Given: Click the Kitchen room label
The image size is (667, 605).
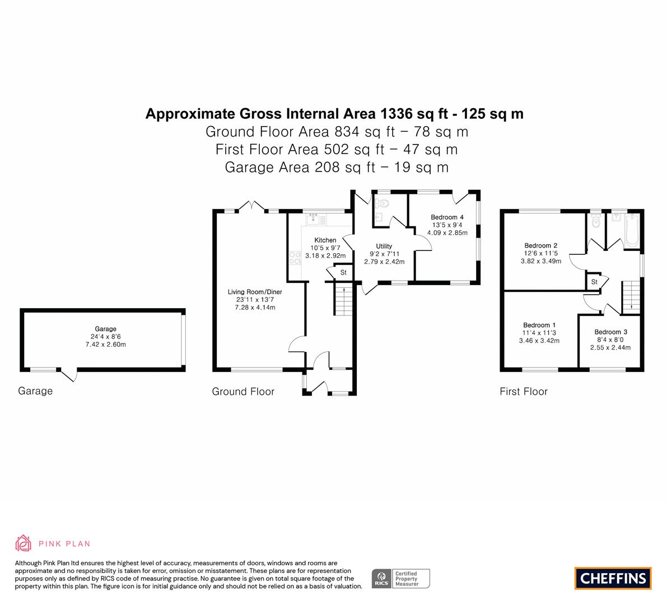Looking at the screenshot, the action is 325,240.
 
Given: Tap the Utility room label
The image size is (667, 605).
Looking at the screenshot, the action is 384,246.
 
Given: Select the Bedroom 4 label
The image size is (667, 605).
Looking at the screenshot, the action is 447,217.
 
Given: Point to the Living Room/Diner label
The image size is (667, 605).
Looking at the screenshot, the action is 255,292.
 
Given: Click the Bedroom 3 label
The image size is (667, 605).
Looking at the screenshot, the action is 611,332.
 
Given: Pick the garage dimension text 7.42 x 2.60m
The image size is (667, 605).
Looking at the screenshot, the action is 105,344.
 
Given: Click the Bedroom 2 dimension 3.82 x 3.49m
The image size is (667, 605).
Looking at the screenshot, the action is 540,261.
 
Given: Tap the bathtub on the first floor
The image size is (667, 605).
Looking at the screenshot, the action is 632,230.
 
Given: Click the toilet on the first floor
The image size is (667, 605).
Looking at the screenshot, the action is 595,220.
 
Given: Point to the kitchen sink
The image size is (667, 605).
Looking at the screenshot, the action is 314,220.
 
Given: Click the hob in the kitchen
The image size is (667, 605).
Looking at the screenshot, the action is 295,258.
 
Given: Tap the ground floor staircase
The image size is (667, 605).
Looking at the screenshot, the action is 343,300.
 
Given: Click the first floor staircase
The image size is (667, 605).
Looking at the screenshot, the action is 631,297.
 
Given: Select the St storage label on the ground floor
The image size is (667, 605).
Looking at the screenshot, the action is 343,272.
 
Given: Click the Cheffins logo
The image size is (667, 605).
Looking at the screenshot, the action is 613,578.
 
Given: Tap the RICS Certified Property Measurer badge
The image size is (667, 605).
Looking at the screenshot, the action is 401,579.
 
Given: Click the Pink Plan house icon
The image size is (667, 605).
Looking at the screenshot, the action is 23,543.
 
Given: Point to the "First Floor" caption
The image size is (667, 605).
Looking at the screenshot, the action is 523,392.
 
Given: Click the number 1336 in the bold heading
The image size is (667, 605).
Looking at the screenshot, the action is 397,114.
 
